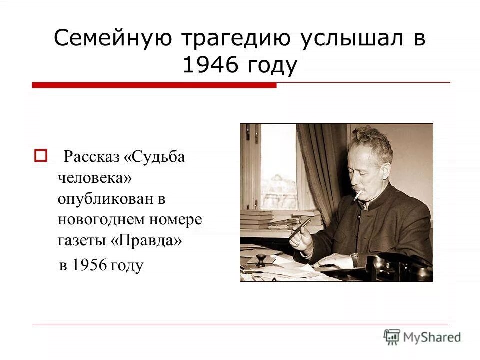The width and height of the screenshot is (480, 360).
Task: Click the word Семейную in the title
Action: tap(114, 39)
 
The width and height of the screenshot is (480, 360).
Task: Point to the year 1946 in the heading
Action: tap(209, 65)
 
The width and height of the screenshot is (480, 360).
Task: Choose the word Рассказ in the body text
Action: tap(91, 157)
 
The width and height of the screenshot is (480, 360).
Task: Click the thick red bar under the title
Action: tap(154, 85)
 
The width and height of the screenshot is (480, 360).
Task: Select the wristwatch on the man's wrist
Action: tap(354, 259)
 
